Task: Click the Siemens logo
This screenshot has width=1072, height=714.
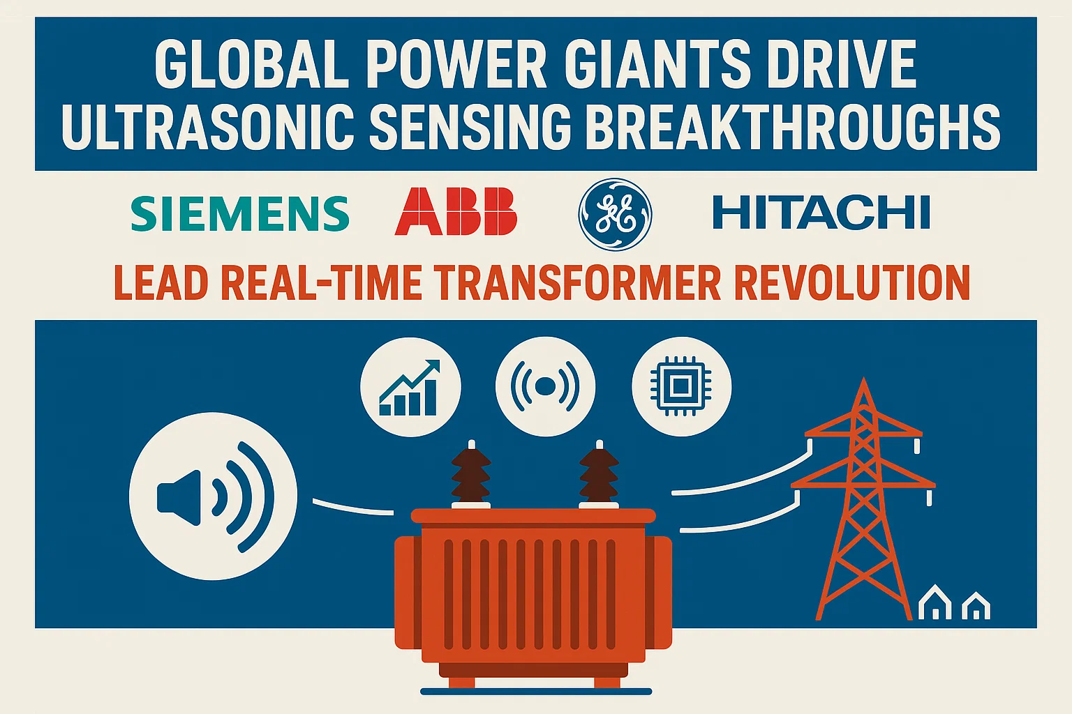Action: click(x=240, y=213)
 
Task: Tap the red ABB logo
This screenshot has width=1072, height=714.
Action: click(x=456, y=212)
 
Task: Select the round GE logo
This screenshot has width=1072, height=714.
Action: click(x=615, y=213)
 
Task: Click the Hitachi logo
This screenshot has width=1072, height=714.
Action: click(x=821, y=213)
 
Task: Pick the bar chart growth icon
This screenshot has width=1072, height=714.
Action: click(x=410, y=387)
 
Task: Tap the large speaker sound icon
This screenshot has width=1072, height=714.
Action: click(x=213, y=496)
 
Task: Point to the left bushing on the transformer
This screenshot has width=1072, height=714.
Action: click(x=471, y=475)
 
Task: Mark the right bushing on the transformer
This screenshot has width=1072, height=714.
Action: click(x=599, y=475)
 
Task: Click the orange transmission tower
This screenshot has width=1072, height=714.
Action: click(x=864, y=502)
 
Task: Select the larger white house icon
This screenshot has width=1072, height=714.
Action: click(x=935, y=603)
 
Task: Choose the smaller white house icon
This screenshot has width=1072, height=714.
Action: click(x=976, y=607)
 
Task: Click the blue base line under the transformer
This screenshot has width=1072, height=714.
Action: click(x=536, y=692)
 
